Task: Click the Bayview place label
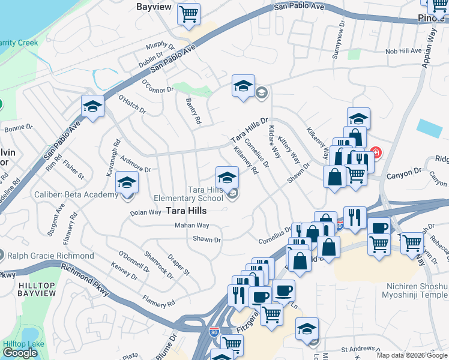click(154, 7)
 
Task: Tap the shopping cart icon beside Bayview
click(189, 14)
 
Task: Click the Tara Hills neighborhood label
click(186, 211)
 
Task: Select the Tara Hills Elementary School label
click(188, 194)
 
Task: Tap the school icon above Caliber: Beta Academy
click(127, 182)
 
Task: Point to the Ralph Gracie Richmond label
click(51, 256)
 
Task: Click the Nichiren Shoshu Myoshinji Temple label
click(414, 290)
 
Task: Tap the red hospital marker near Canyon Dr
click(376, 153)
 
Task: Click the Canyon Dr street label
click(405, 173)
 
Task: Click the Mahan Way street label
click(191, 226)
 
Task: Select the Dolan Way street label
click(146, 212)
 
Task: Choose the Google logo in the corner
click(20, 353)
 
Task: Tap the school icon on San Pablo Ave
click(92, 107)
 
